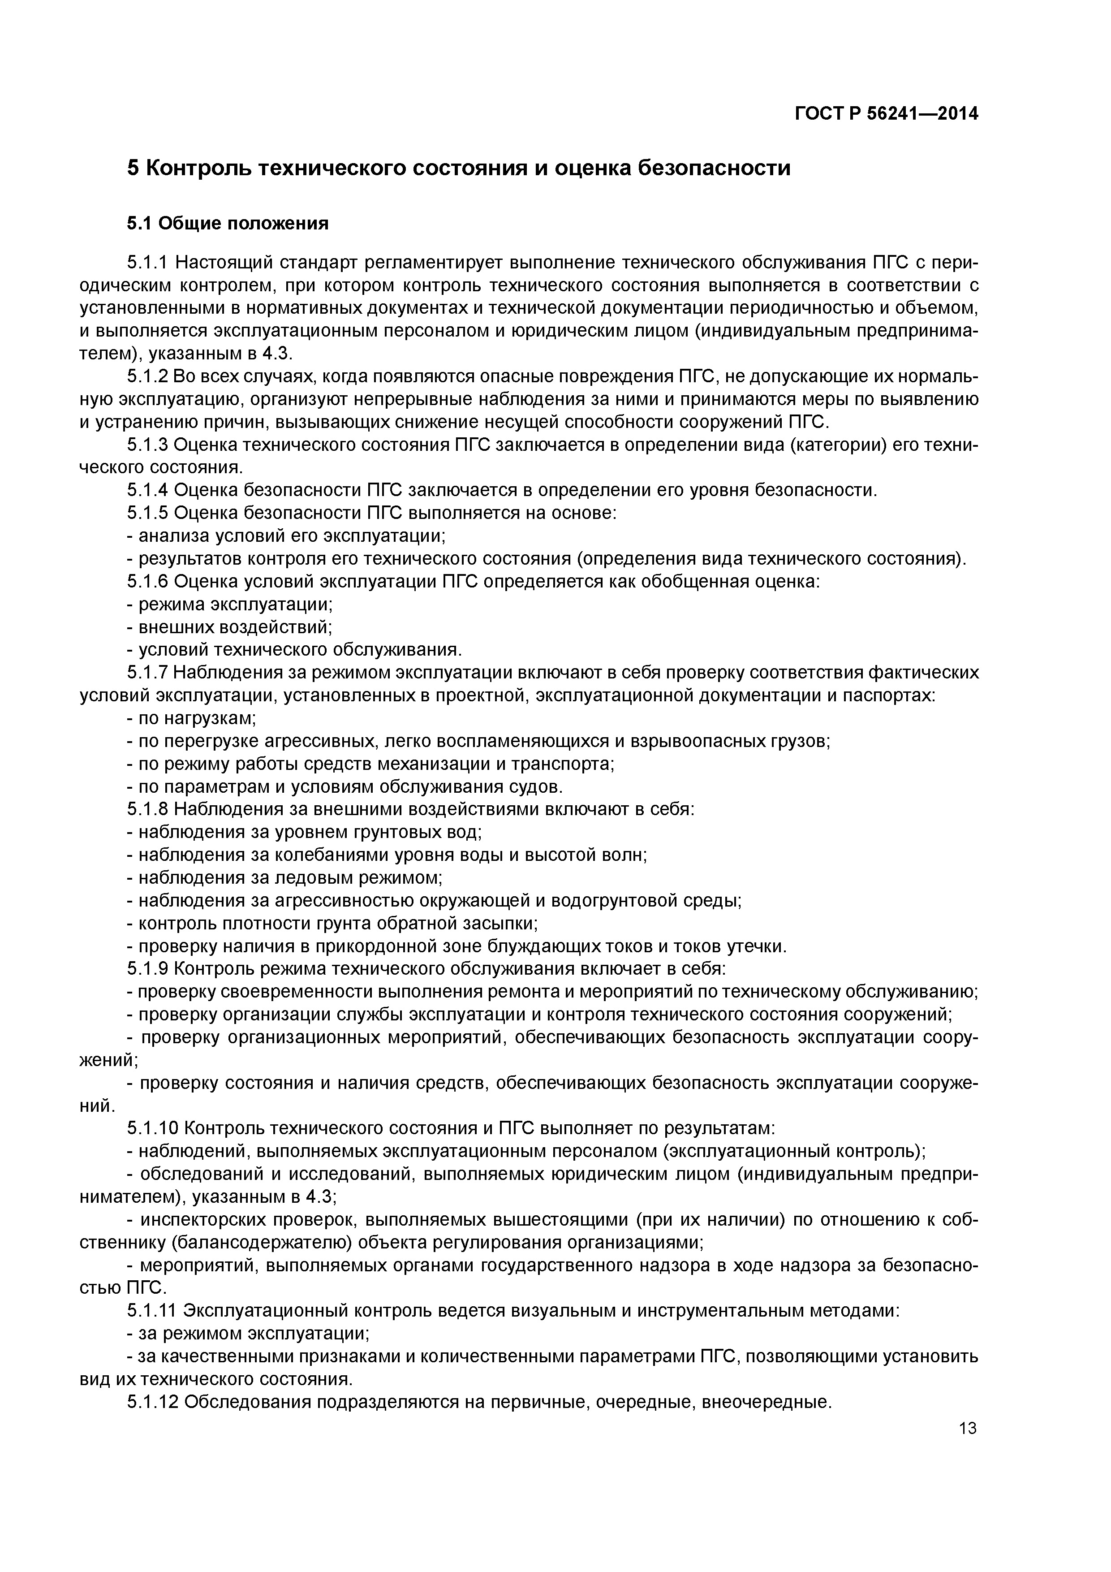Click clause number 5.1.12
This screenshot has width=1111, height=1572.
153,1401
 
